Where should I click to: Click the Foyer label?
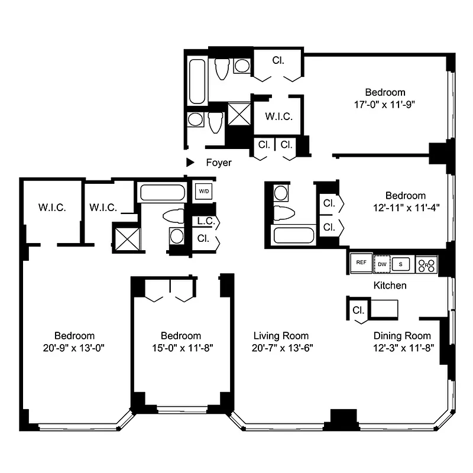coord(218,163)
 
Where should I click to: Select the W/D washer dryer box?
coord(204,192)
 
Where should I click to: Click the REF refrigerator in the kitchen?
coord(360,264)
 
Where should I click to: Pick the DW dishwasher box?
coord(383,264)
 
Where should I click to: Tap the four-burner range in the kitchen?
coord(426,264)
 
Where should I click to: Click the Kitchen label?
coord(390,286)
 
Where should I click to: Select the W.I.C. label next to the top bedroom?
coord(278,116)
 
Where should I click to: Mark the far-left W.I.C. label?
coord(51,208)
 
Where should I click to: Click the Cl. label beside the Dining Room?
coord(358,310)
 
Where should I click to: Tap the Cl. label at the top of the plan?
coord(278,60)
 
